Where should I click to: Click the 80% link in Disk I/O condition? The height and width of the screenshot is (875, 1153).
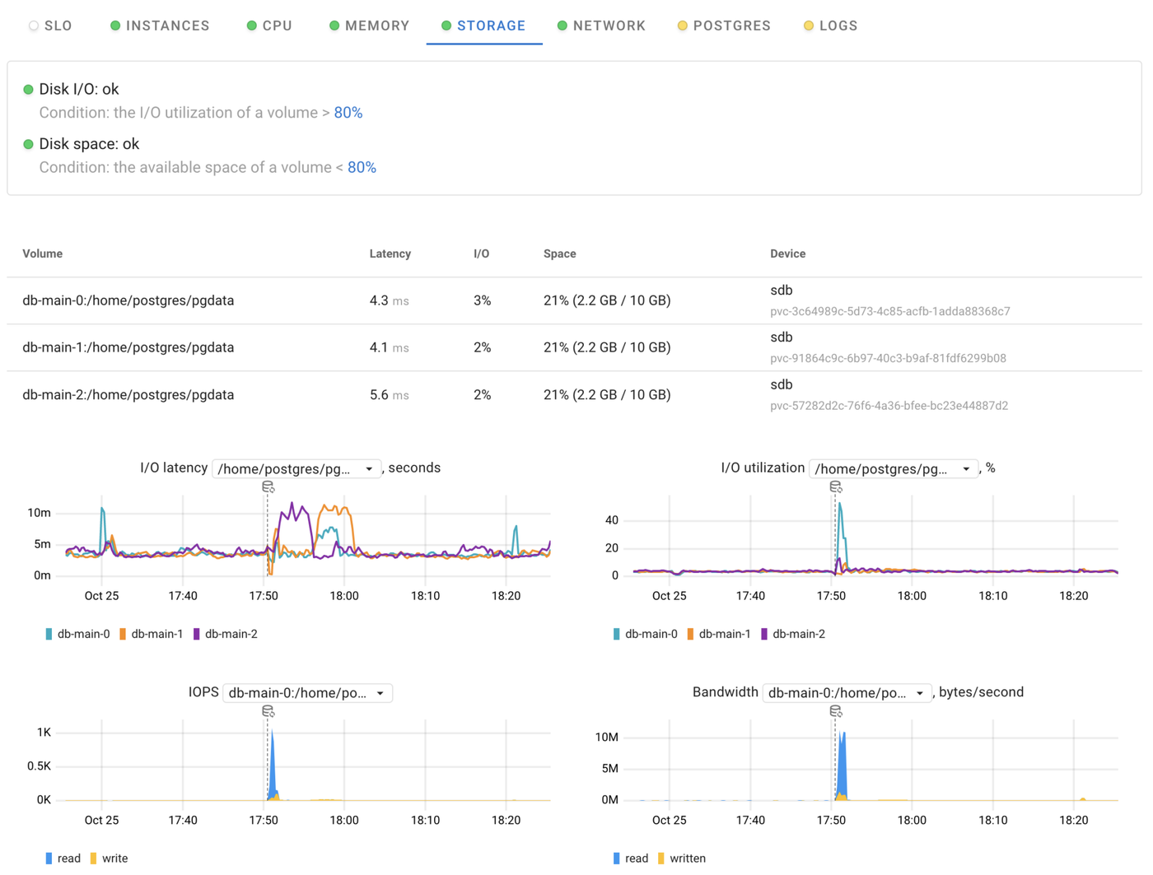[x=348, y=113]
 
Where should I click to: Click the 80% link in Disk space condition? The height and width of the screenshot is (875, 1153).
[x=362, y=167]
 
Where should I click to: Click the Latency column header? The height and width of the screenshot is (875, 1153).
[x=390, y=254]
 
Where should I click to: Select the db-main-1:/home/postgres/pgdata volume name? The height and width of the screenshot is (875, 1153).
[x=128, y=347]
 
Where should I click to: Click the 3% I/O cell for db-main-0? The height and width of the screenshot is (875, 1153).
[x=482, y=300]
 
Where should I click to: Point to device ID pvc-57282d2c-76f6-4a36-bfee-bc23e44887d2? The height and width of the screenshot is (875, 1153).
[x=889, y=406]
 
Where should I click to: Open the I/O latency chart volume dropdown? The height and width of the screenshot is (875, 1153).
[x=296, y=468]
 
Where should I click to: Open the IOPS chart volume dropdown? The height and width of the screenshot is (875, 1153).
[x=306, y=693]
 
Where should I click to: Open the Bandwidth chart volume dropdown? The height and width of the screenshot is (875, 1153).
[x=847, y=693]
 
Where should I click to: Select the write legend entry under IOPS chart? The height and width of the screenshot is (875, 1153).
[x=114, y=859]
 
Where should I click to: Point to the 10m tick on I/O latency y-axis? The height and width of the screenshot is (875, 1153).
[x=39, y=513]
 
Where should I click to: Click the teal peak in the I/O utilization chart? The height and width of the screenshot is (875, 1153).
[x=839, y=506]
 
